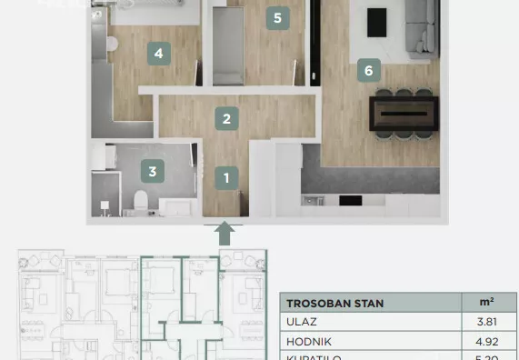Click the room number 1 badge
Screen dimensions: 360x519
pos(227,177)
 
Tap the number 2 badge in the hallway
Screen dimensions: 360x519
pos(227,117)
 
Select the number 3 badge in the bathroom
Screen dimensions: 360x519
pos(153,169)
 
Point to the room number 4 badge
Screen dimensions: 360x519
pos(158,54)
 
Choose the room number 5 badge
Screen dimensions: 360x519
pos(276,17)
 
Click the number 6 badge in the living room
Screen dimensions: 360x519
pos(367,69)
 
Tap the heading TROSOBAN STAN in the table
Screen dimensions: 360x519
pos(335,303)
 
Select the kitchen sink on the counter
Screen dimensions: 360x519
pos(313,199)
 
